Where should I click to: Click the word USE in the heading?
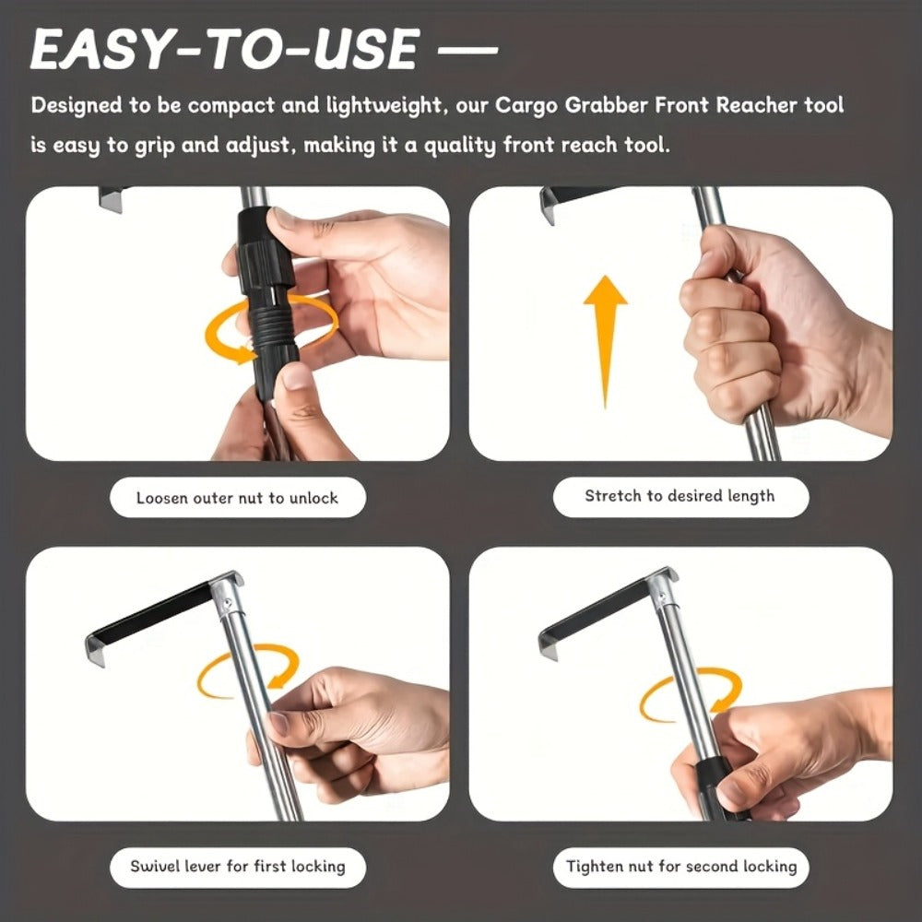(x=366, y=50)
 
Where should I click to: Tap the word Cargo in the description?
(x=526, y=105)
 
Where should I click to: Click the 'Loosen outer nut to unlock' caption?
(x=237, y=498)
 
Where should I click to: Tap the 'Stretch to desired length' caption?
(x=680, y=496)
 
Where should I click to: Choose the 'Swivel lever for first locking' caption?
(x=238, y=866)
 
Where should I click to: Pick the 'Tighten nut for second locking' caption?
(x=681, y=866)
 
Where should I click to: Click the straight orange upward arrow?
(x=605, y=342)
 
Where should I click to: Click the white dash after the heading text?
(x=468, y=50)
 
